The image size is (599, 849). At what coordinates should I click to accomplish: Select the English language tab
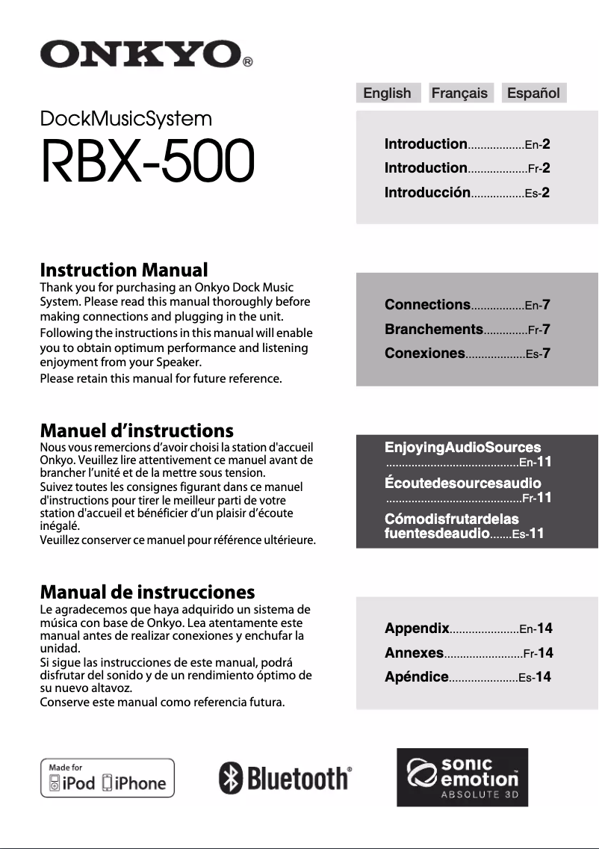(x=387, y=93)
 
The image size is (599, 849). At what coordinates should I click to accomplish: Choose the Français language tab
(x=459, y=93)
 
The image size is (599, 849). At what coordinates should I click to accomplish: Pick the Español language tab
(x=533, y=93)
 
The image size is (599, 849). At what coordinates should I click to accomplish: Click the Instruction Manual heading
(x=124, y=270)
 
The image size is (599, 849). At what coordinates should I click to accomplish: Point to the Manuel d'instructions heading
(x=137, y=430)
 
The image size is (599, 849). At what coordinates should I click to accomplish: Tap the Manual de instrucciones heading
(x=147, y=593)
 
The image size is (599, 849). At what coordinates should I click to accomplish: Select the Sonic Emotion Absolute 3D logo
(x=462, y=777)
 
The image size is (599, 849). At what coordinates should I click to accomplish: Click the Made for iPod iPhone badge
(x=107, y=778)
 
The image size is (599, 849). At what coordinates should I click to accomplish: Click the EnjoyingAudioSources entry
(x=462, y=448)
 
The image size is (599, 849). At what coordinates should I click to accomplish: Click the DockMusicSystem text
(x=125, y=119)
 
